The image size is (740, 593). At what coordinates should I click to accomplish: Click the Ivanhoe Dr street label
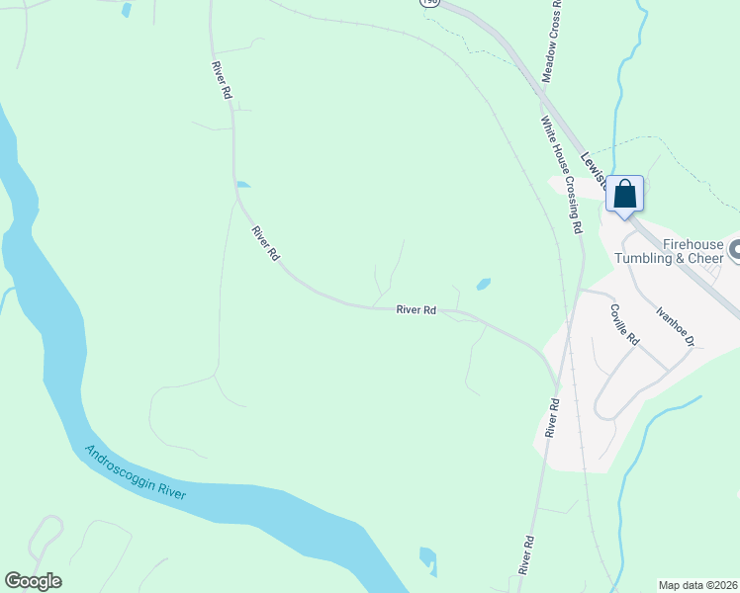tap(677, 325)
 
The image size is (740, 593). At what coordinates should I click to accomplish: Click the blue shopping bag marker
tap(624, 193)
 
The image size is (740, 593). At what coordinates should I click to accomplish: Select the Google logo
tap(33, 581)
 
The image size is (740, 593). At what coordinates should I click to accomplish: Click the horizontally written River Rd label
tap(416, 309)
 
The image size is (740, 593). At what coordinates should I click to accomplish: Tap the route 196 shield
tap(428, 3)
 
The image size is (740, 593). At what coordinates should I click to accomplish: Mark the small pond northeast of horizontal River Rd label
tap(483, 285)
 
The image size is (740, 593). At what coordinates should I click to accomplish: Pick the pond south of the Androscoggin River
tap(428, 560)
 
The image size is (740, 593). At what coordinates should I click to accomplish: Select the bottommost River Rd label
tap(526, 555)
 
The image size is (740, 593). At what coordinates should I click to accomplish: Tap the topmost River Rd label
tap(221, 80)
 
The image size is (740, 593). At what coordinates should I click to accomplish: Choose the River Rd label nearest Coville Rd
tap(553, 418)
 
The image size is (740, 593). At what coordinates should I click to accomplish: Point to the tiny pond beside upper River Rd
tap(243, 184)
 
